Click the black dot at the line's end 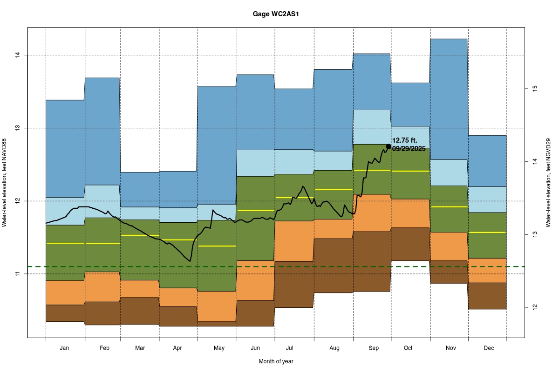coord(389,146)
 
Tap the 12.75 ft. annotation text coord(405,140)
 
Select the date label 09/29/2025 coord(409,149)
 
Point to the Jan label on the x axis coord(65,348)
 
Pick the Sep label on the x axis coord(374,348)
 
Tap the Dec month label coord(489,348)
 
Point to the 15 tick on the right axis coord(535,88)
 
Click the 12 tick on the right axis coord(535,307)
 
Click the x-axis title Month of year coord(276,361)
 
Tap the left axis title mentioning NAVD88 coord(5,183)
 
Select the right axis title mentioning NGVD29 coord(548,183)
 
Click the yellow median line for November coord(449,206)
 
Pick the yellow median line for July coord(293,198)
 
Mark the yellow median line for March coord(140,235)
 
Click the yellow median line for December coord(487,232)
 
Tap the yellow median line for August coord(333,189)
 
